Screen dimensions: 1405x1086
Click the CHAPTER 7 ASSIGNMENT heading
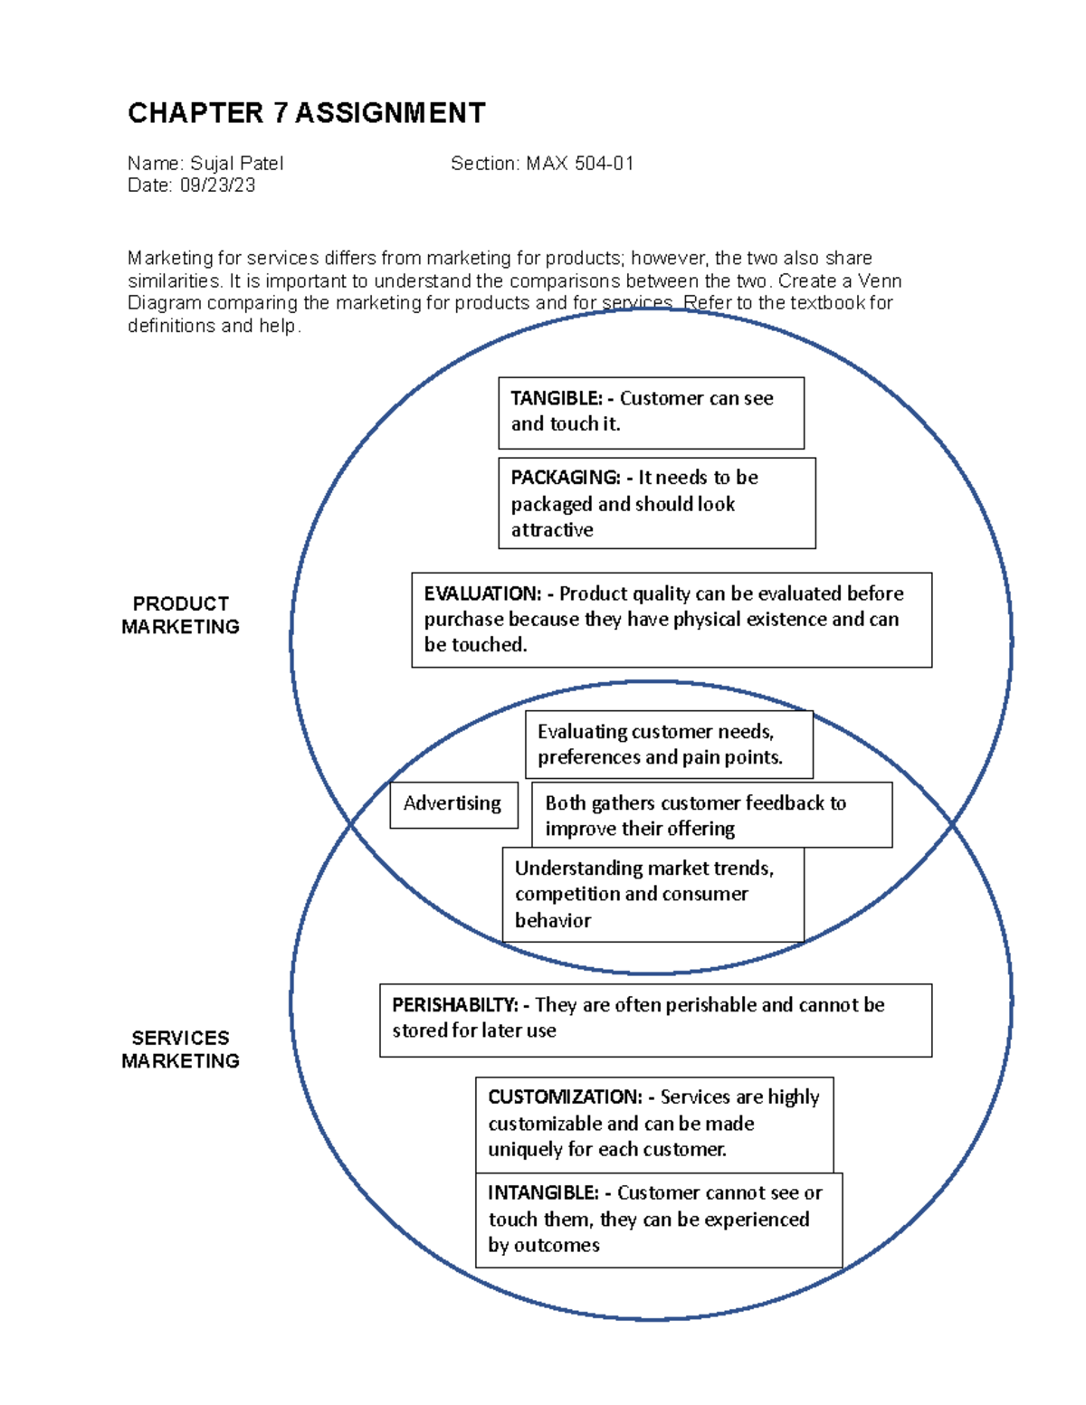click(306, 113)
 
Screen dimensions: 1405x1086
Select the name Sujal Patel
click(236, 164)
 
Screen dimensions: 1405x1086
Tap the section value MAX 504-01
click(579, 164)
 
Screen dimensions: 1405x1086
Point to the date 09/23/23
click(217, 185)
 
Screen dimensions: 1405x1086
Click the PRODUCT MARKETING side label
click(180, 615)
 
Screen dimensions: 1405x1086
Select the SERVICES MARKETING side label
click(180, 1049)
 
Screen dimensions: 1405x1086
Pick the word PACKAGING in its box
click(565, 478)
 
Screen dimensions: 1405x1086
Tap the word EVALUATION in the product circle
click(481, 594)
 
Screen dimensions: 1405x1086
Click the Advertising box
click(452, 804)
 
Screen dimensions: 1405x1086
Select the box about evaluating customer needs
click(668, 745)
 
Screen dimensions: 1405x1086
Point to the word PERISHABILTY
click(453, 1005)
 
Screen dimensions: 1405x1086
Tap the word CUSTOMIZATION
click(565, 1097)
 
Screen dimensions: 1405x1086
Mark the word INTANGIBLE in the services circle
click(543, 1193)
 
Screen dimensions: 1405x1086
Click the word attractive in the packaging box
click(552, 530)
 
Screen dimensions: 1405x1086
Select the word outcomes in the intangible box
click(556, 1246)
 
